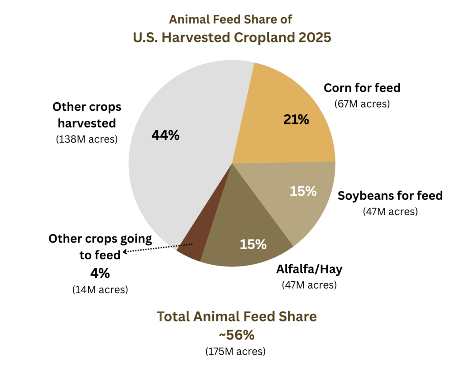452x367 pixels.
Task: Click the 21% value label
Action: (296, 120)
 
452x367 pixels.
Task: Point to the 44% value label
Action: (166, 135)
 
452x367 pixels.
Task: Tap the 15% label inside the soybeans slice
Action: (303, 191)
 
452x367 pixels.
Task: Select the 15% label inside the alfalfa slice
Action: (253, 244)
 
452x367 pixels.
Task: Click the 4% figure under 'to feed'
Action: (100, 273)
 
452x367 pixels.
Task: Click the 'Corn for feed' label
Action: (362, 88)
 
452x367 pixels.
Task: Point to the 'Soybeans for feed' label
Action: (390, 195)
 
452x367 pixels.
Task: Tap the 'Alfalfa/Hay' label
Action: (309, 269)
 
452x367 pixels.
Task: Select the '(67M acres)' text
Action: (362, 104)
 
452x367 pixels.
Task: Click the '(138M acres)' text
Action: (87, 139)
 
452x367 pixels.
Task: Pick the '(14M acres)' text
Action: (100, 289)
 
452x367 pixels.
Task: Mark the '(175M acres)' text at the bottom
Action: (236, 352)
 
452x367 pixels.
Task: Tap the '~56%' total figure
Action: (237, 335)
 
